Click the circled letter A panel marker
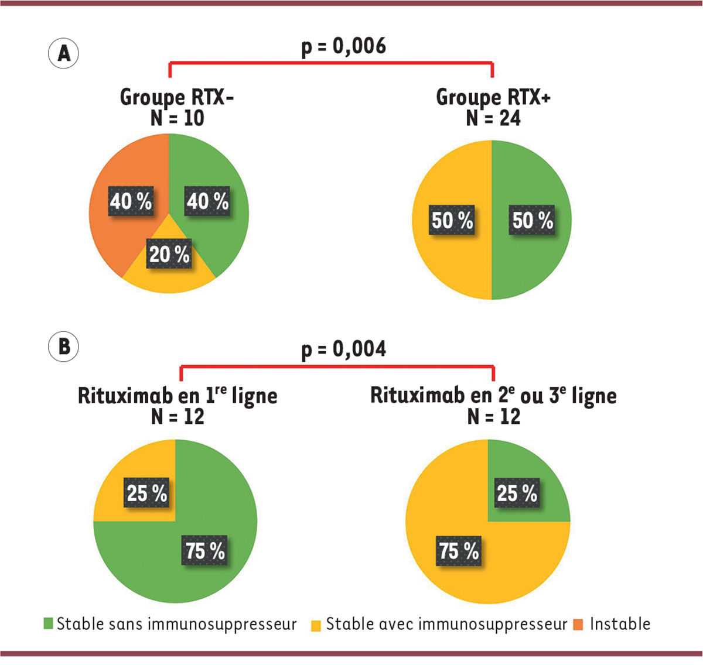coord(63,54)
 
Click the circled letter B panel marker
coord(63,347)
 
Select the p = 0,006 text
coord(344,46)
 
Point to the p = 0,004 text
coord(344,349)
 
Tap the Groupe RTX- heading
coord(177,97)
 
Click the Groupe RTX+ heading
coord(493,97)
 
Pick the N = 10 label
coord(177,118)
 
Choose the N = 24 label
coord(493,118)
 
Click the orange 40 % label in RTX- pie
coord(131,202)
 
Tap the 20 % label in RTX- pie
coord(169,255)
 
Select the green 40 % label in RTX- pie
coord(207,202)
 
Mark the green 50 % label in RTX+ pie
coord(533,221)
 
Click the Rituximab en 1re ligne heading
coord(178,396)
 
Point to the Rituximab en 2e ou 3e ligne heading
coord(493,396)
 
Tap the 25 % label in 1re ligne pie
coord(147,493)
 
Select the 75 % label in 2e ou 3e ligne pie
coord(459,551)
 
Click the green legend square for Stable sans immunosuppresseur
coord(48,624)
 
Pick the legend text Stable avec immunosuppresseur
coord(446,624)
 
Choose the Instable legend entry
coord(620,624)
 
